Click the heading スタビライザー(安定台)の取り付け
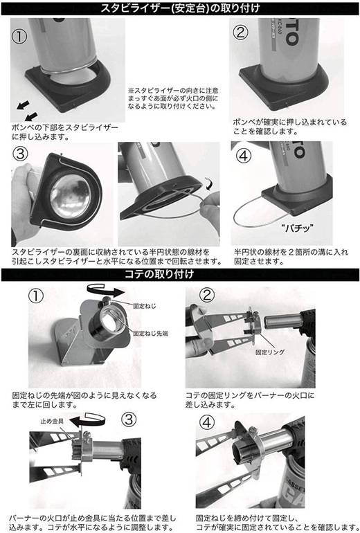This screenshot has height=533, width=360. (x=180, y=8)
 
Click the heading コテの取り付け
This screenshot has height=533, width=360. (x=159, y=274)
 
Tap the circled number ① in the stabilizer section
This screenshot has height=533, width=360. (x=19, y=36)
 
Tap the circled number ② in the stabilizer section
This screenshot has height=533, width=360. (x=240, y=33)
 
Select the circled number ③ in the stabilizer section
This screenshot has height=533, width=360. (x=20, y=154)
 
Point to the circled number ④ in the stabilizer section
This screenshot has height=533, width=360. (x=244, y=156)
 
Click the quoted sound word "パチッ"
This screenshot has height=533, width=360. (x=298, y=227)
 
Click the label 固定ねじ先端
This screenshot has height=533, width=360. (x=150, y=334)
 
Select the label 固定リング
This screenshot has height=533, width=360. (x=270, y=352)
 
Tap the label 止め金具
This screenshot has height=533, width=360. (x=52, y=421)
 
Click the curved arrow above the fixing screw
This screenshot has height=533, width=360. (x=106, y=290)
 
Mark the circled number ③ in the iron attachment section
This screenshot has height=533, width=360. (x=129, y=419)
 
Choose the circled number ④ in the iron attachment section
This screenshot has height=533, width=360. (x=207, y=423)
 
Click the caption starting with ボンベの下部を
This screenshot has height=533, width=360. (x=65, y=132)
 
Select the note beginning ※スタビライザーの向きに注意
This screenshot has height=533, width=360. (x=173, y=98)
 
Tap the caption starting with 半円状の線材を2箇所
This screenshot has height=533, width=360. (x=291, y=257)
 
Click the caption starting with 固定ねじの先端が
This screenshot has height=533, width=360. (x=84, y=400)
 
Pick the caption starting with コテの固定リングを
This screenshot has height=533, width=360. (x=250, y=400)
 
